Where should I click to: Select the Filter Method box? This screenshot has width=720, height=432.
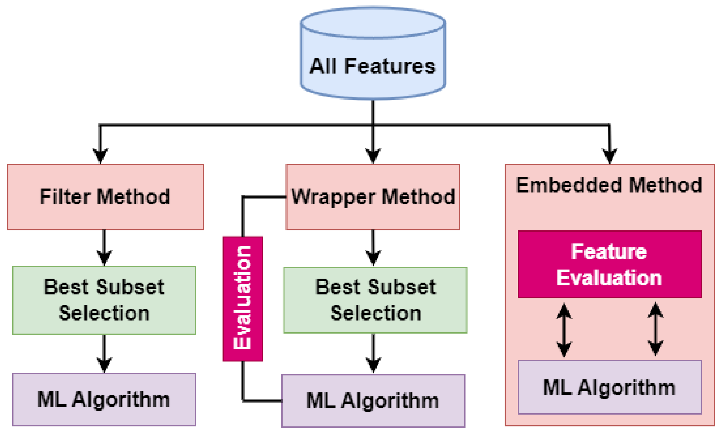tap(105, 197)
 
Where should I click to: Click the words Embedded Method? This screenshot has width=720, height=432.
tap(609, 185)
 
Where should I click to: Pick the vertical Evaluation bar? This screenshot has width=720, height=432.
tap(243, 298)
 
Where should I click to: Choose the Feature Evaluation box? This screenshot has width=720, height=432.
tap(609, 264)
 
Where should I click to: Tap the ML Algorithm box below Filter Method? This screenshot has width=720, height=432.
tap(104, 399)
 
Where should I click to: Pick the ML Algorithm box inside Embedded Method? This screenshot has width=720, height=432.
tap(609, 387)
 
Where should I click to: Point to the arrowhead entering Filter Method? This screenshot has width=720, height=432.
tap(100, 156)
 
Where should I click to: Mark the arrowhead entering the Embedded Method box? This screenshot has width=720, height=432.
tap(609, 156)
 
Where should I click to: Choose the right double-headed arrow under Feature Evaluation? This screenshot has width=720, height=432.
tap(655, 329)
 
